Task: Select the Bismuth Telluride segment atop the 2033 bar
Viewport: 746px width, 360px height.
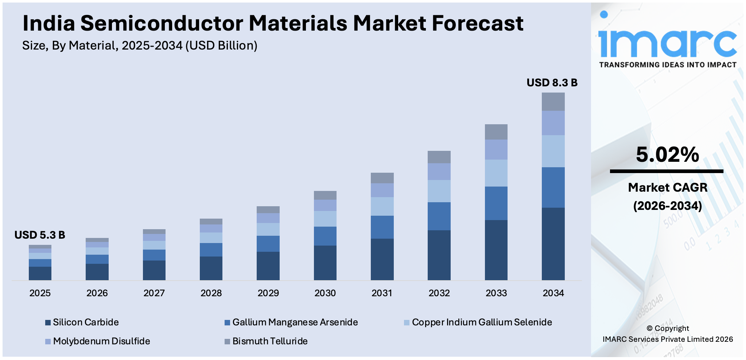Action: (x=496, y=132)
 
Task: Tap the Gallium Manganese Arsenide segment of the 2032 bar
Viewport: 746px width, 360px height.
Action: (x=439, y=216)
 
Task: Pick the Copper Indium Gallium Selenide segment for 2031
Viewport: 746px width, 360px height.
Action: (x=382, y=206)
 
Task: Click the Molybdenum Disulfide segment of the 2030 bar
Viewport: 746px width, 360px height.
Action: (x=325, y=205)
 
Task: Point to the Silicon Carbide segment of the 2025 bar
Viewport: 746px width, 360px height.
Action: (x=40, y=273)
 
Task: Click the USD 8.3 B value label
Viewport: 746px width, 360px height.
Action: (x=552, y=83)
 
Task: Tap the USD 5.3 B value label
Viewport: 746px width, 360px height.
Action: (x=40, y=235)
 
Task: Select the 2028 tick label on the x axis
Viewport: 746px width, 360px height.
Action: (x=211, y=293)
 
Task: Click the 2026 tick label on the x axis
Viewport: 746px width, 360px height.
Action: (x=97, y=293)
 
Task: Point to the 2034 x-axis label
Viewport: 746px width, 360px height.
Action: (x=553, y=293)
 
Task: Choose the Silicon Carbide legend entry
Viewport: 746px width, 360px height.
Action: (x=86, y=322)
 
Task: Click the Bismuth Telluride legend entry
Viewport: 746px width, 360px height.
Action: (x=270, y=341)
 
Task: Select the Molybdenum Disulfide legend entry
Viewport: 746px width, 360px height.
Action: (x=101, y=341)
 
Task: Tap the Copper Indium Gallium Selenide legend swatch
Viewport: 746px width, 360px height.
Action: (x=407, y=322)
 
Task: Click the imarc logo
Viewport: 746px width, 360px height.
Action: (x=667, y=40)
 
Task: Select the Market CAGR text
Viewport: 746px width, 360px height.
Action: (x=667, y=187)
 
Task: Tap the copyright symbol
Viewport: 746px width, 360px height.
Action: (x=649, y=328)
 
